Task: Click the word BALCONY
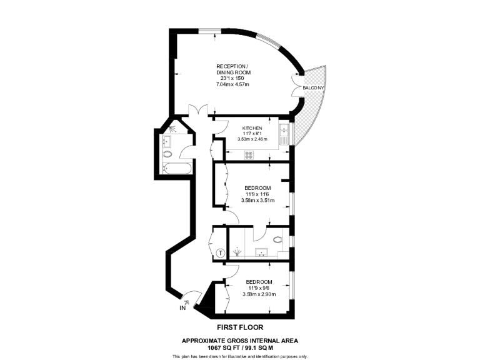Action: click(x=313, y=88)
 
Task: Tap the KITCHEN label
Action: click(x=252, y=128)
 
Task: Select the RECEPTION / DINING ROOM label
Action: click(x=232, y=70)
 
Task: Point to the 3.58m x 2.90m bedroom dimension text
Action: click(x=257, y=294)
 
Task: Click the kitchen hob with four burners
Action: click(x=248, y=154)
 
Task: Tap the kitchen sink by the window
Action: click(x=284, y=132)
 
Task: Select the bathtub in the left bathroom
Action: click(x=169, y=167)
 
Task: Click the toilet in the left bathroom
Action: click(x=167, y=153)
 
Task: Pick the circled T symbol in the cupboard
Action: click(x=220, y=253)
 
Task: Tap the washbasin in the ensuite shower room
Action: click(x=262, y=253)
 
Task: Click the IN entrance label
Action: click(x=182, y=308)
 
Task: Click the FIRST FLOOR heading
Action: click(x=239, y=327)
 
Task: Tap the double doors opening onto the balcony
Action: click(x=296, y=88)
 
